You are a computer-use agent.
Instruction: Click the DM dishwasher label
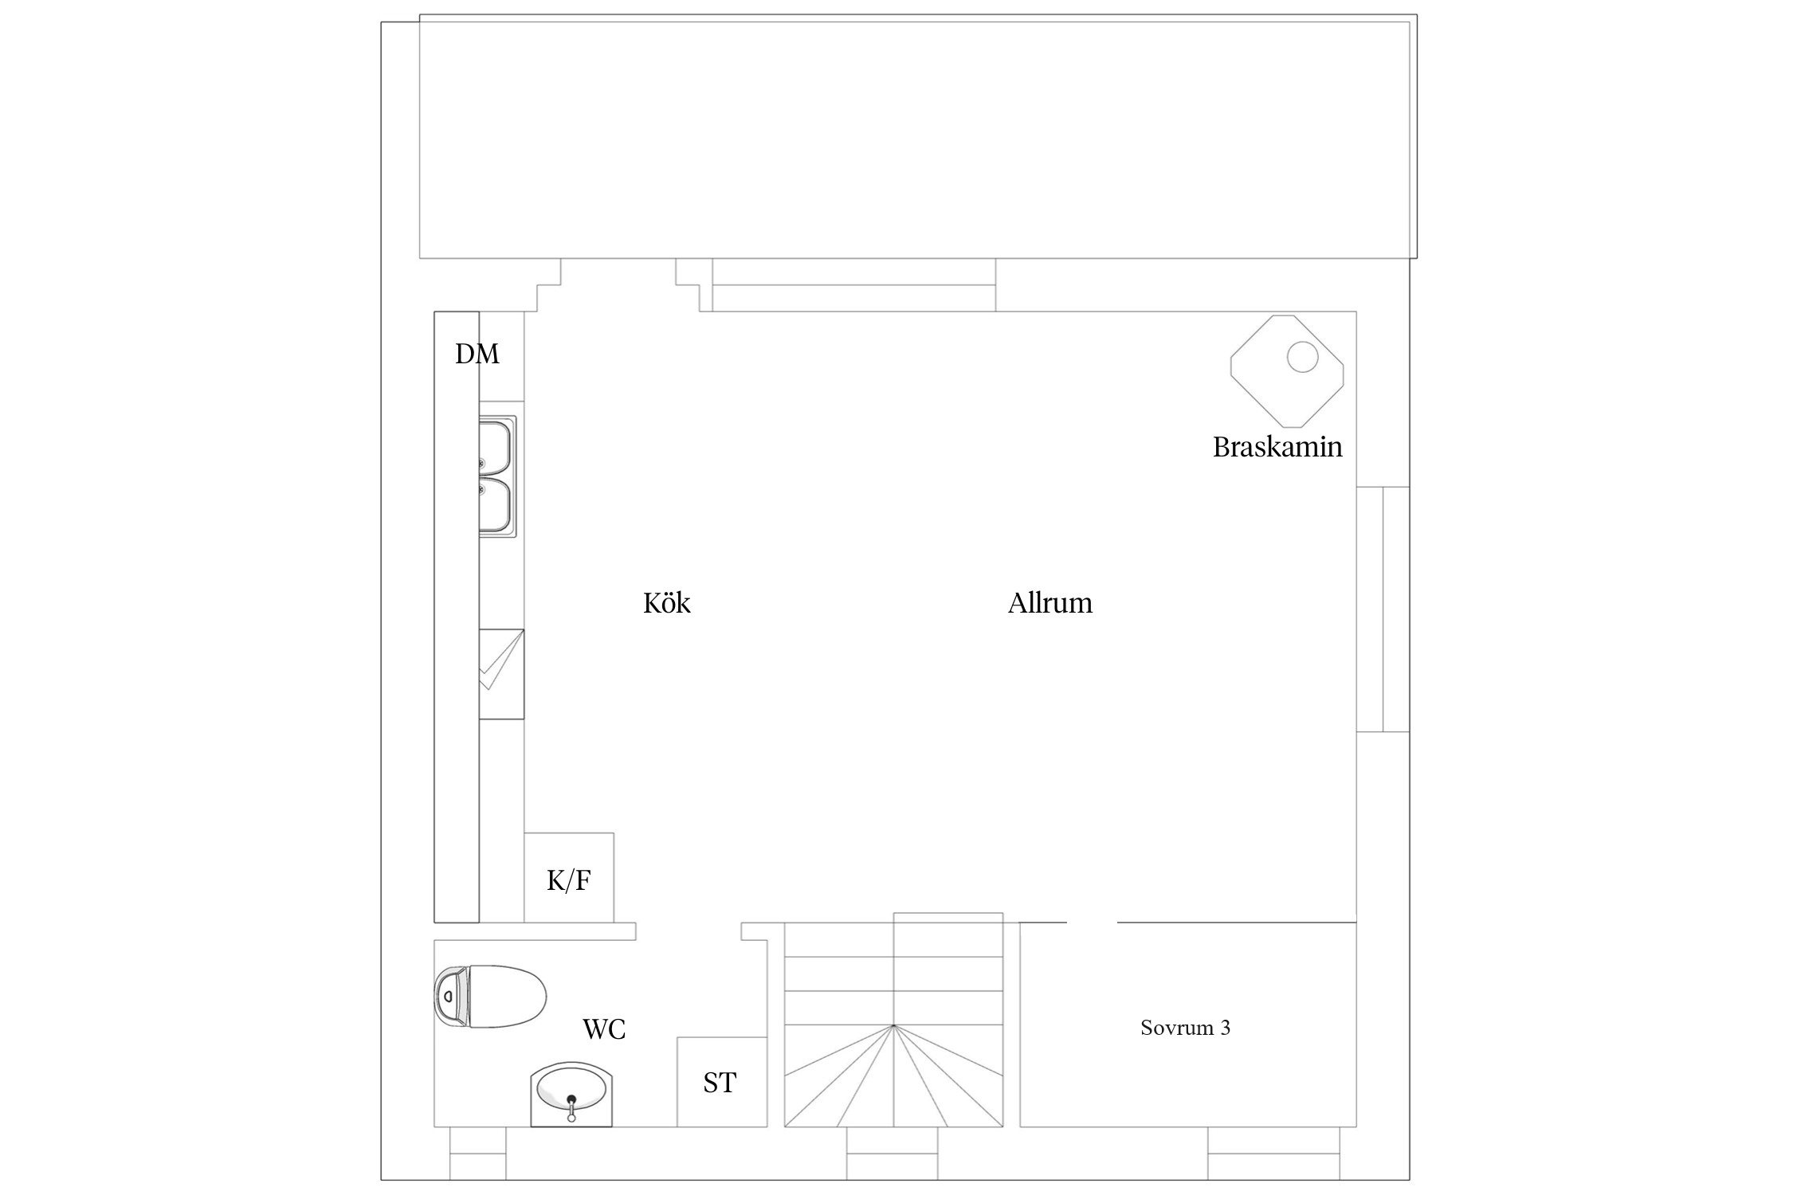(477, 354)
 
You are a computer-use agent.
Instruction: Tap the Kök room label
(667, 603)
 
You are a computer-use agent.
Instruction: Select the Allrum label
(1050, 603)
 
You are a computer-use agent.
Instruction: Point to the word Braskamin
(1277, 447)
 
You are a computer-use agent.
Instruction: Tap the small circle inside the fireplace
(1302, 357)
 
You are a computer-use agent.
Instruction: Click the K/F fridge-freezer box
(569, 878)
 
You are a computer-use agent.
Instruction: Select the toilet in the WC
(490, 997)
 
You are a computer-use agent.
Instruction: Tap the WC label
(604, 1030)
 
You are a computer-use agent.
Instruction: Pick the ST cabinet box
(722, 1082)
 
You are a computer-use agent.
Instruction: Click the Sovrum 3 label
(1185, 1028)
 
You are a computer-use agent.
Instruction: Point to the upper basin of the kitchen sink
(496, 447)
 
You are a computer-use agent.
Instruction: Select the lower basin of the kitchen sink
(496, 505)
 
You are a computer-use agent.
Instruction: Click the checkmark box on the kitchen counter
(501, 674)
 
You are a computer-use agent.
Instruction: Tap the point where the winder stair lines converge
(893, 1025)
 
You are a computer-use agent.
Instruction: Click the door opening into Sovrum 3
(1092, 923)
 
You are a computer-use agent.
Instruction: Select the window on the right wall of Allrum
(1383, 609)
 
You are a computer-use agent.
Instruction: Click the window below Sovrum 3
(1274, 1153)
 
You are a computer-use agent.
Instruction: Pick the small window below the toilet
(478, 1153)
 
